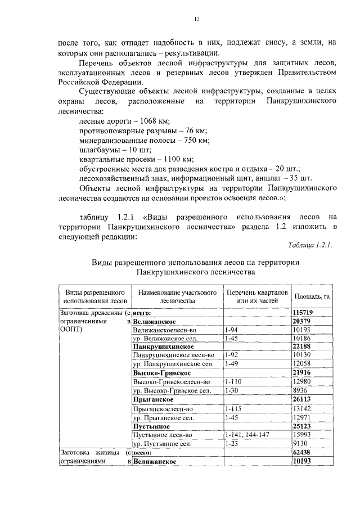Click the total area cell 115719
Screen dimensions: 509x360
tap(303, 312)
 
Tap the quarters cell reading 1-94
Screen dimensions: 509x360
tap(231, 330)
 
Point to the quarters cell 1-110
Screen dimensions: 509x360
tap(233, 381)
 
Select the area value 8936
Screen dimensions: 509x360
tap(301, 390)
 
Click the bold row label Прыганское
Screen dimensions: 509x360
tap(151, 399)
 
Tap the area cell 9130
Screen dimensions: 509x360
tap(301, 443)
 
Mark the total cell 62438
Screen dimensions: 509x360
tap(302, 452)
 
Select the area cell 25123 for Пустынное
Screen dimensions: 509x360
tap(302, 426)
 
